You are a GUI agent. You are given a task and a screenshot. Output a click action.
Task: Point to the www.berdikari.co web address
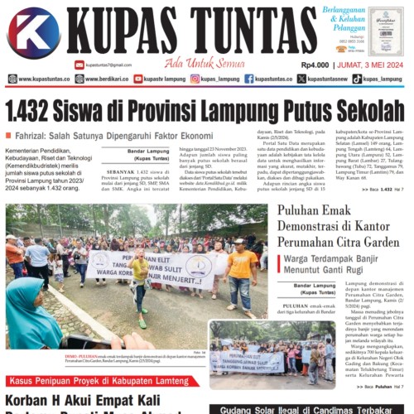click(103, 79)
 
